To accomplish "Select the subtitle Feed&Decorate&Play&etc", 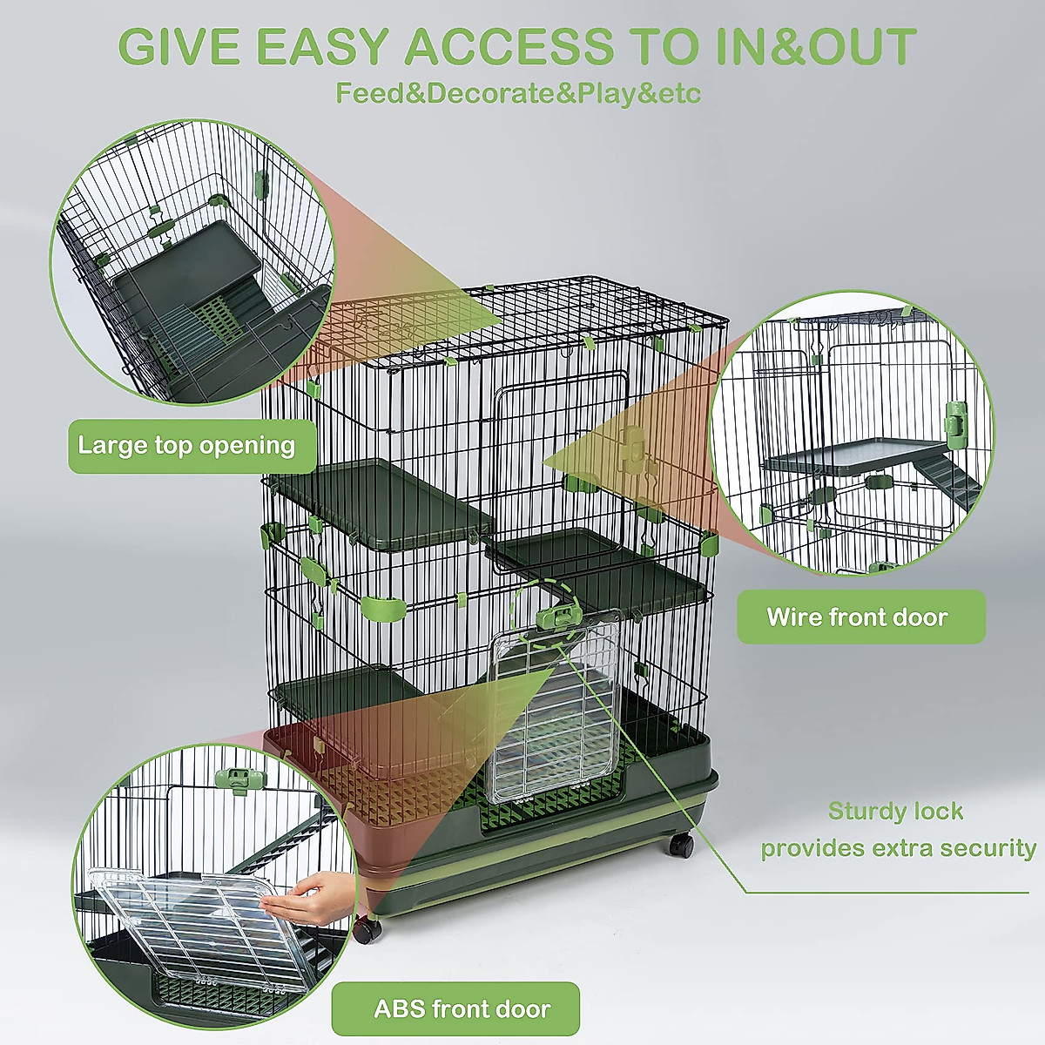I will [x=518, y=93].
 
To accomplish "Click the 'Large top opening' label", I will [x=187, y=446].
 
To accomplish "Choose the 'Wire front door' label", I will [x=858, y=617].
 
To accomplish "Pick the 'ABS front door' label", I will [x=462, y=1009].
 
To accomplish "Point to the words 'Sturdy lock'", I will [x=895, y=812].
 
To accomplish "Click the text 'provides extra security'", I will [x=898, y=849].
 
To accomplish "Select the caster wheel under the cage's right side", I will [x=680, y=844].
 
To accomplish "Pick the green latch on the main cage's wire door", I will [x=633, y=444].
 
